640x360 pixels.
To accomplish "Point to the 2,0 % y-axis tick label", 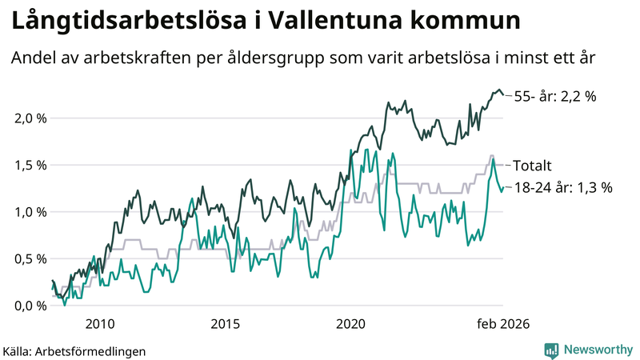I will [30, 118].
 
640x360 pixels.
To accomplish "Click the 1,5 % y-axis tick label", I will [30, 166].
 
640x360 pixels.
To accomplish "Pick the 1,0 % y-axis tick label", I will [30, 212].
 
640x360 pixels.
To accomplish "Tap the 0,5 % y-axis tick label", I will [30, 258].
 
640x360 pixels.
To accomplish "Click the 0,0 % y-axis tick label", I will [30, 306].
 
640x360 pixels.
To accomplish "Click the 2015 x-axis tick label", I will [226, 324].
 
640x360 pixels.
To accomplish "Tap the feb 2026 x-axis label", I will [502, 324].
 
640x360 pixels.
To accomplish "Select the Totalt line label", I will [533, 166].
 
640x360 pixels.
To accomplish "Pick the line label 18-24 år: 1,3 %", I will [563, 188].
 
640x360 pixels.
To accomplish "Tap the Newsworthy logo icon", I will [551, 350].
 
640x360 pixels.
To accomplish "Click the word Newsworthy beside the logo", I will [598, 350].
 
